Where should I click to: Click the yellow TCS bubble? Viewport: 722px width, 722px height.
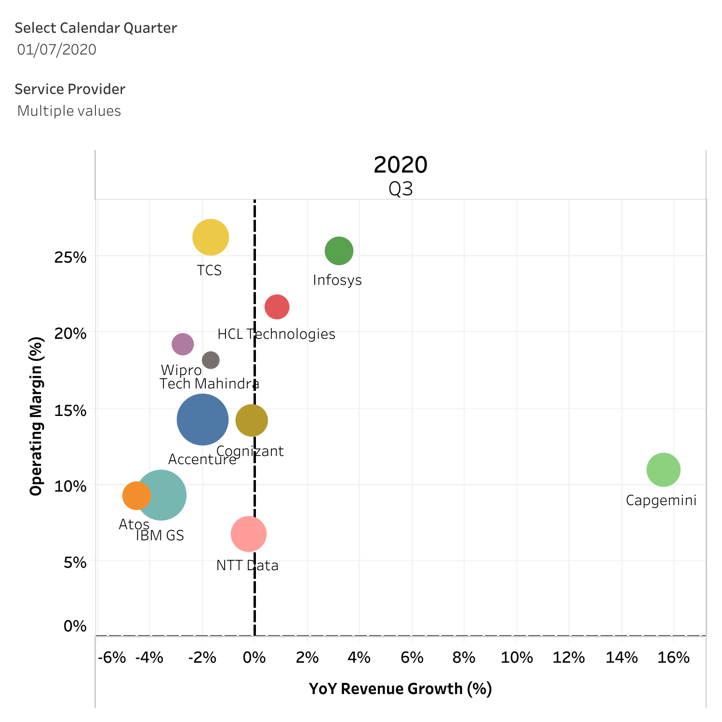coord(211,237)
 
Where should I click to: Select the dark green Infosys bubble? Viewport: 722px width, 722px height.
coord(339,251)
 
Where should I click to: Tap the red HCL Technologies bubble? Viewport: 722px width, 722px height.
coord(277,307)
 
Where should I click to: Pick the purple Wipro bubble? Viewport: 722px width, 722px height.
coord(183,344)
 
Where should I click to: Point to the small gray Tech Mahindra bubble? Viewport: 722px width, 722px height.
coord(211,360)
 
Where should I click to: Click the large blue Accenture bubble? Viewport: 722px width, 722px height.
coord(202,420)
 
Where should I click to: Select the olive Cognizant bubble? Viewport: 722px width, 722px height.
coord(252,421)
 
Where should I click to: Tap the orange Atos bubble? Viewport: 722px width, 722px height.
coord(136,495)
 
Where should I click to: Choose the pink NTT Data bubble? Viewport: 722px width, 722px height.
coord(249,534)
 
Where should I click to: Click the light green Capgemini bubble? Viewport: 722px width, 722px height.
coord(663,469)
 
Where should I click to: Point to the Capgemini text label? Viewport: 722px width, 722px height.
coord(661,501)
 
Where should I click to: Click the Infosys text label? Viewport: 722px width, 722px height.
coord(337,280)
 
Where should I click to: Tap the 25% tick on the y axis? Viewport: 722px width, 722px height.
coord(70,257)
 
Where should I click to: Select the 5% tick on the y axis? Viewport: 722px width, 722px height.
coord(75,562)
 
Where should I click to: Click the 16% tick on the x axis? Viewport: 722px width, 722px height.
coord(674,657)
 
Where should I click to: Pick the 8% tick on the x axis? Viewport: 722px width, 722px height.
coord(464,657)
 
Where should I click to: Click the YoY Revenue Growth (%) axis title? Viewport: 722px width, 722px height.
coord(400,689)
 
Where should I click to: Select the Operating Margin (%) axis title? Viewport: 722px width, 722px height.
coord(37,416)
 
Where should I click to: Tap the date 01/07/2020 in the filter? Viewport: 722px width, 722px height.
coord(57,50)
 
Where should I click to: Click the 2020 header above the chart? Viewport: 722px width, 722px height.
coord(400,165)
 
